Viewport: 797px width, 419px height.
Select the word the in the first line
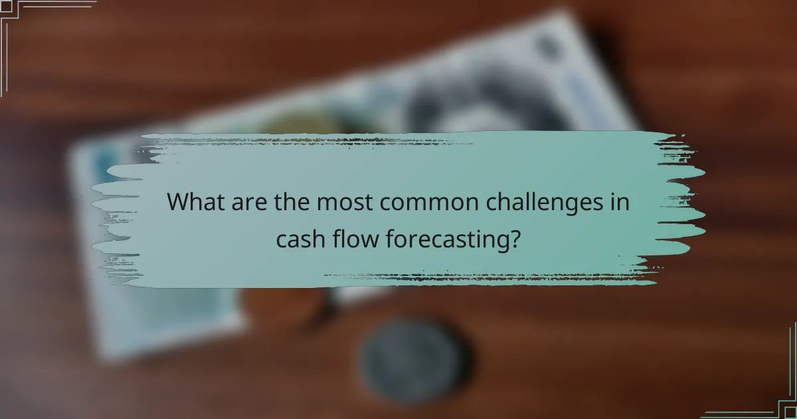point(292,202)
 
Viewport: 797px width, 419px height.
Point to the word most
point(338,202)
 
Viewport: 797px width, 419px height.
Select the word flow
point(357,238)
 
